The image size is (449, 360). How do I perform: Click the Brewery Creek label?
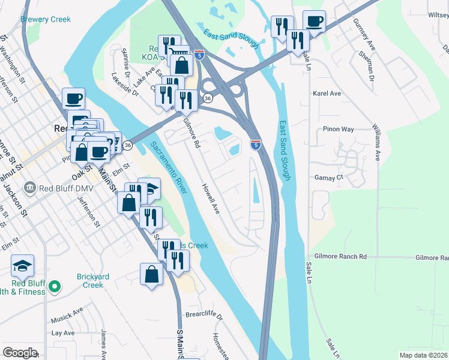click(x=46, y=19)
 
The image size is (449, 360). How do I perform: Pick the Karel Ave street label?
click(x=327, y=94)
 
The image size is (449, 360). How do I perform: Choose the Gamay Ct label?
click(x=328, y=178)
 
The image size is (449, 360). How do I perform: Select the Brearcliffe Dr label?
click(x=204, y=316)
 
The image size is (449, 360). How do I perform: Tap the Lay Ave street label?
click(x=62, y=332)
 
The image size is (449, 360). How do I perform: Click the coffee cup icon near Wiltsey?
click(x=314, y=22)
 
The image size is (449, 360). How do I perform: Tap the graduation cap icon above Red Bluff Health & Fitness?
click(x=22, y=265)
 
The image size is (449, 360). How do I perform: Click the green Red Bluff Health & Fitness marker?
click(x=55, y=286)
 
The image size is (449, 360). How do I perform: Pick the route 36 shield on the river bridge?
click(x=128, y=145)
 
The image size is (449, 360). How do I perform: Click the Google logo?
click(x=20, y=352)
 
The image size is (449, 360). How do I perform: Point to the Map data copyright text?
click(x=423, y=355)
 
